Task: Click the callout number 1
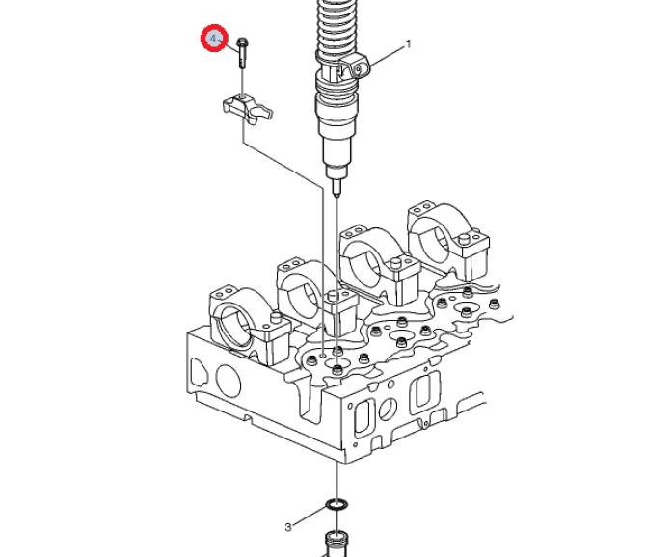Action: click(408, 44)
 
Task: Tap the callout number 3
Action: click(288, 527)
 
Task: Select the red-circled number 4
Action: click(214, 39)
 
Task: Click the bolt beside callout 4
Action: click(242, 53)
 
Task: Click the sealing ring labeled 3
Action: click(337, 504)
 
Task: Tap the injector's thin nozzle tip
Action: click(336, 187)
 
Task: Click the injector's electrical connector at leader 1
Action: click(356, 67)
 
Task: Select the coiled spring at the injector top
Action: click(335, 27)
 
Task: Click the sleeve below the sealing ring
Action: click(337, 544)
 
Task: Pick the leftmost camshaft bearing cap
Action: click(246, 326)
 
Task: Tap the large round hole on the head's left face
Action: click(229, 381)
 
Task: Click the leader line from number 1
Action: click(388, 55)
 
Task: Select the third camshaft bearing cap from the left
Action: click(380, 265)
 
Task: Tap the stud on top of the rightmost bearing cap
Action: click(465, 238)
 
